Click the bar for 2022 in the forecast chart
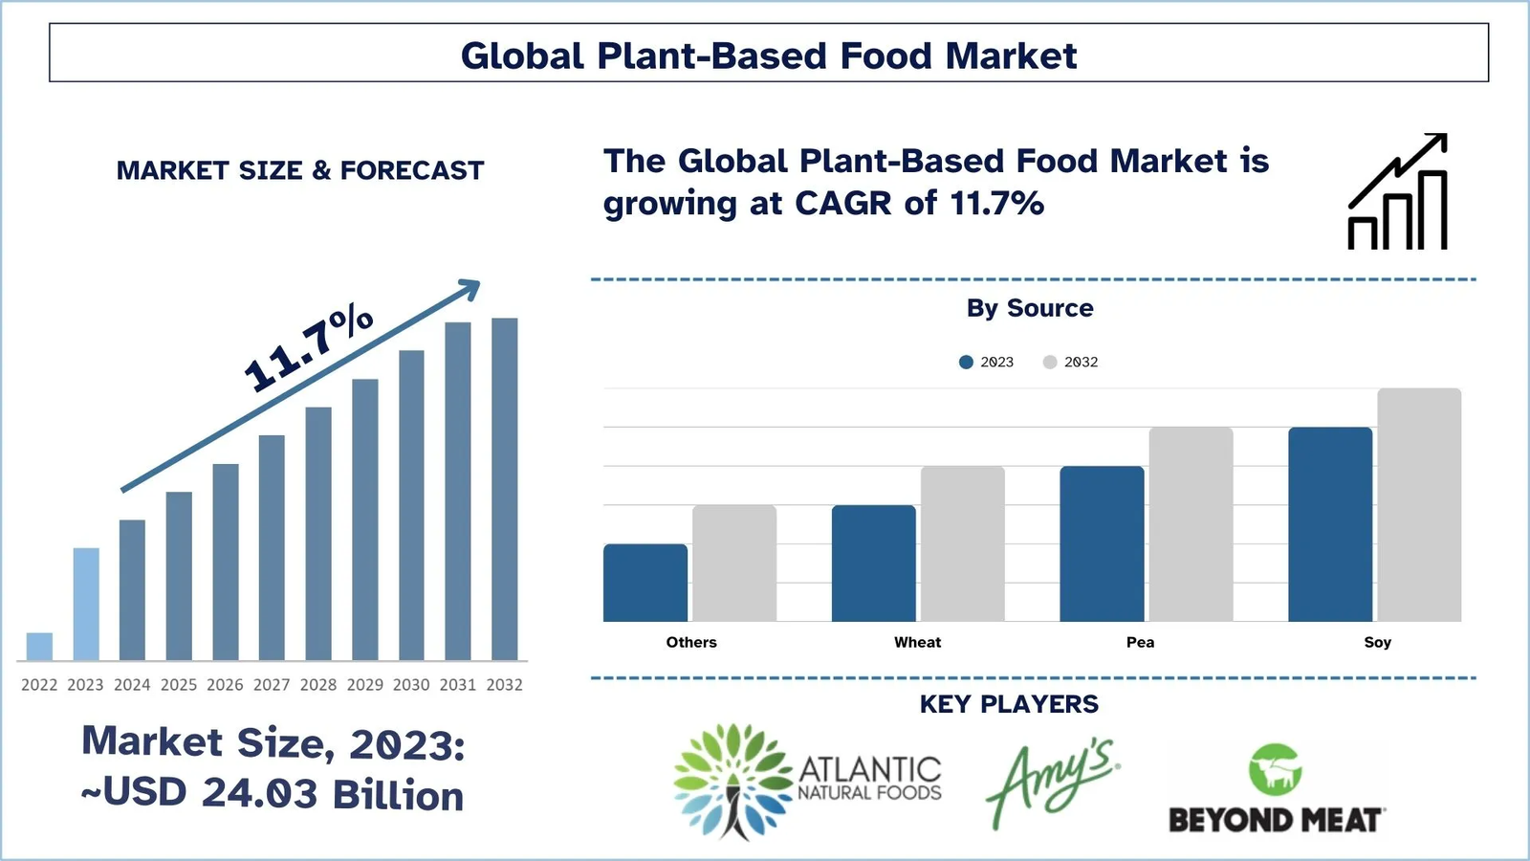click(39, 647)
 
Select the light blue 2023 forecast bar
click(86, 605)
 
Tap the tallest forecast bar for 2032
click(505, 489)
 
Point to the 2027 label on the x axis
click(272, 685)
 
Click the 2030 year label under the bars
click(411, 685)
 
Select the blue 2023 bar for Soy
click(1329, 524)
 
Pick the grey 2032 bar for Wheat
click(962, 543)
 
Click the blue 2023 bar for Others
click(645, 583)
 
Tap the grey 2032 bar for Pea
click(1191, 524)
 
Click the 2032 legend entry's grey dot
click(1050, 362)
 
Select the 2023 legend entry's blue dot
click(966, 362)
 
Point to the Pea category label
click(1140, 642)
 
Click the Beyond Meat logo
click(1276, 789)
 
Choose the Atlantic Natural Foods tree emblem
click(733, 780)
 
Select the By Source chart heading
click(1030, 308)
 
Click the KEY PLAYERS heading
click(1009, 704)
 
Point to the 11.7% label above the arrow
click(308, 346)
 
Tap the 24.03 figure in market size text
click(259, 794)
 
